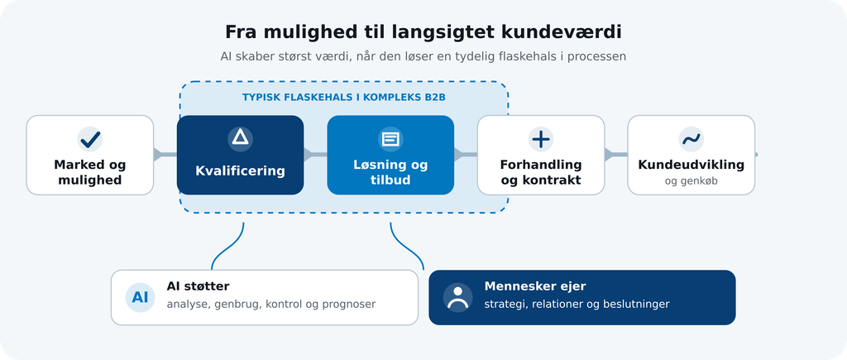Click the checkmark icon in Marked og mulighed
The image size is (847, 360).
click(89, 140)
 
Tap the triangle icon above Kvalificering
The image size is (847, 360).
click(241, 137)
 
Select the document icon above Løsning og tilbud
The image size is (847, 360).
click(390, 140)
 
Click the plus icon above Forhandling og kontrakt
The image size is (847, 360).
click(541, 140)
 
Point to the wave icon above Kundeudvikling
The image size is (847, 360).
click(691, 140)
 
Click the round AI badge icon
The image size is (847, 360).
click(140, 297)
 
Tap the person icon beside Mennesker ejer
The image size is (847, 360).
click(457, 297)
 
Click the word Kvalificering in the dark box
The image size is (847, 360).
click(241, 171)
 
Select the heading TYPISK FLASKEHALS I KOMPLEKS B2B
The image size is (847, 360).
click(343, 98)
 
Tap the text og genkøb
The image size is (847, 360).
click(691, 181)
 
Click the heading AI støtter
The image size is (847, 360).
click(198, 286)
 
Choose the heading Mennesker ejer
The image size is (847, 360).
click(535, 286)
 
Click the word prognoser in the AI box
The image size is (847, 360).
click(348, 305)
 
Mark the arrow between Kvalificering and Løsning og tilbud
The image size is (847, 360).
click(315, 155)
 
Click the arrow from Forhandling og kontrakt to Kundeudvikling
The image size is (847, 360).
click(615, 155)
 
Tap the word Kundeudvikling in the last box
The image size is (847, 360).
click(691, 165)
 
